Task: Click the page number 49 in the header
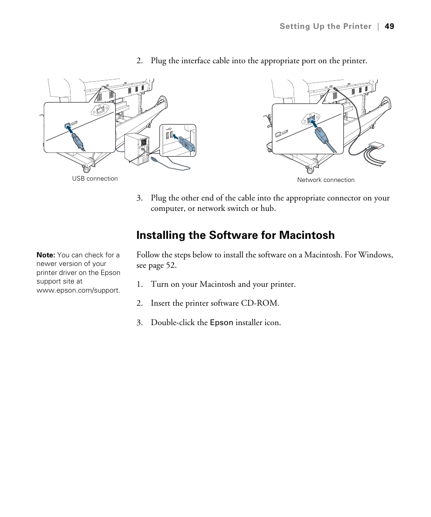point(389,26)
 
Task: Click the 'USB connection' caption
point(95,178)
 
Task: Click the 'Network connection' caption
point(326,180)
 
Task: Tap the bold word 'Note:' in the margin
point(46,255)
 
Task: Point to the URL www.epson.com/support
point(78,290)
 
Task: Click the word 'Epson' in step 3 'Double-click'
point(221,323)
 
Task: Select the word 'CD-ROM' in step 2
point(263,303)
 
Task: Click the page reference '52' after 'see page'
point(171,265)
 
